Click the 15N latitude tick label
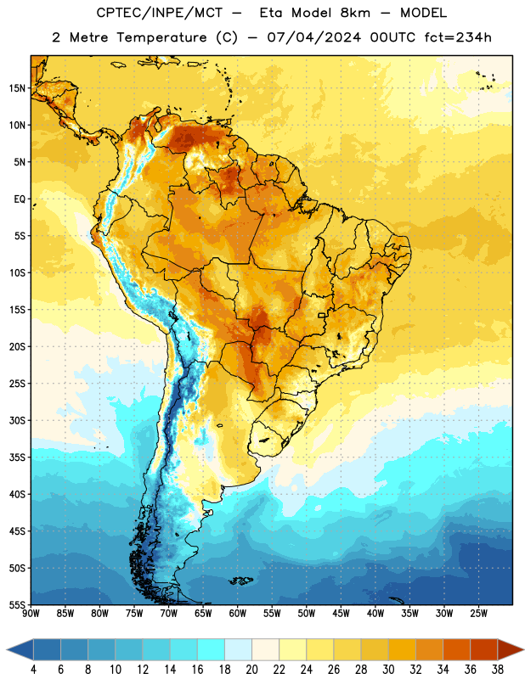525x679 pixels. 17,88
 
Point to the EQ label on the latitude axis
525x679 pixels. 20,199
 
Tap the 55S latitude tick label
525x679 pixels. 17,605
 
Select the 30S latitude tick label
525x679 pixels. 17,420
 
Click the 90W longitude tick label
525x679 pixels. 31,614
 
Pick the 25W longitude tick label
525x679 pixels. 478,614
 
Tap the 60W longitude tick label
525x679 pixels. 238,614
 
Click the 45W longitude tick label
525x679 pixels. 341,614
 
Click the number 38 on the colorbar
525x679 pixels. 498,670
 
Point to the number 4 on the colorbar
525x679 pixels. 33,670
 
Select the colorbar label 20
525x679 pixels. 251,670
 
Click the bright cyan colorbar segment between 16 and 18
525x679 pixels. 211,649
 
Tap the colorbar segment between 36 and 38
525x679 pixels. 484,649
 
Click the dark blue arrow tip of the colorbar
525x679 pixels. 8,649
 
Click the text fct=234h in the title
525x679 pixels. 458,37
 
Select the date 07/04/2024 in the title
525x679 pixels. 314,37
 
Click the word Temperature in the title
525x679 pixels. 161,38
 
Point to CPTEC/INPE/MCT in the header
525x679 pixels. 160,13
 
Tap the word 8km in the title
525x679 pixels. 355,13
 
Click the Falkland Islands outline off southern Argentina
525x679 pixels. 240,581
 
